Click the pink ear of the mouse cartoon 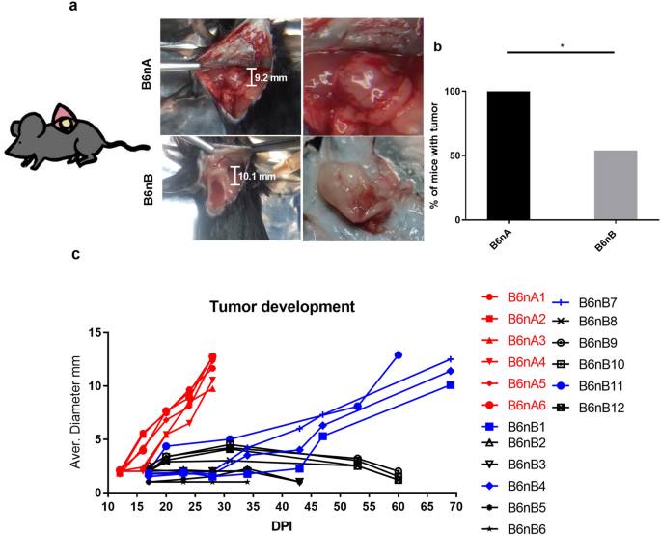(66, 119)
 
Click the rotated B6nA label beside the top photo (145, 73)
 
